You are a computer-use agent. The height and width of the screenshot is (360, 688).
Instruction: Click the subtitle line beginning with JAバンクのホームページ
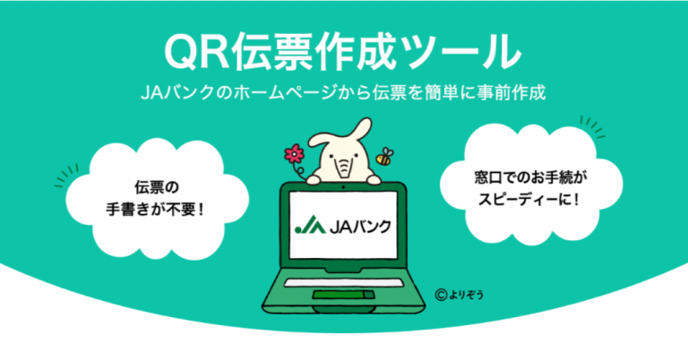tap(344, 92)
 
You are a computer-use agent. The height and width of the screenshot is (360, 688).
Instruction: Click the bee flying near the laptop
tap(385, 158)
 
